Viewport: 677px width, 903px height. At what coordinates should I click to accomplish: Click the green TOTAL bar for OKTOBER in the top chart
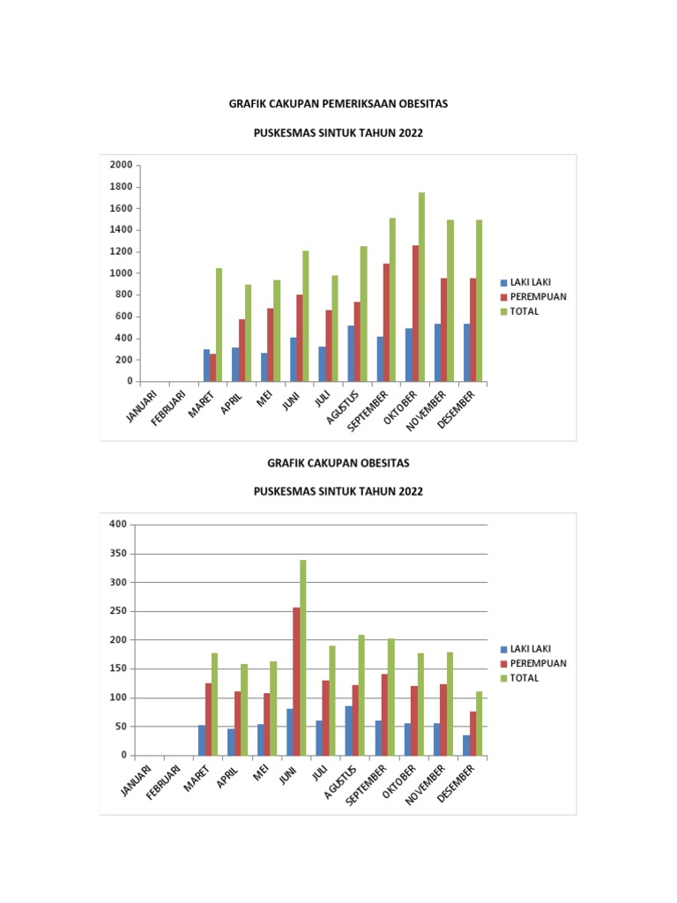pos(421,287)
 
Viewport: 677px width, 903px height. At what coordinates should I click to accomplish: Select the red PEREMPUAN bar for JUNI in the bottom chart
pos(296,681)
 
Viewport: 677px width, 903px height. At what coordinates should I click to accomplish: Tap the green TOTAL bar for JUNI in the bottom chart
pos(303,657)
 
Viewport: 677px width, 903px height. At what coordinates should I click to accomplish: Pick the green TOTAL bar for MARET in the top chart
pos(219,325)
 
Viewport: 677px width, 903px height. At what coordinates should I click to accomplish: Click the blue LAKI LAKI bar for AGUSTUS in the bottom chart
pos(348,730)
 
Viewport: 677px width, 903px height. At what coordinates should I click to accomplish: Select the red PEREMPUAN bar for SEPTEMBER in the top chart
pos(385,322)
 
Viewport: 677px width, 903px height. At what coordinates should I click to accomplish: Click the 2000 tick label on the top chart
pos(121,165)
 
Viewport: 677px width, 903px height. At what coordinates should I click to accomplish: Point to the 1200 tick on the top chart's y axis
pos(121,251)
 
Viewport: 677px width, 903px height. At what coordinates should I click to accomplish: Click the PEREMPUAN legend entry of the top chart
pos(539,297)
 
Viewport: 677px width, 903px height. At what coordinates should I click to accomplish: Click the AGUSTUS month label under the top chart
pos(343,406)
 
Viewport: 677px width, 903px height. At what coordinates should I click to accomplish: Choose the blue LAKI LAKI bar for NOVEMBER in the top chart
pos(439,353)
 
